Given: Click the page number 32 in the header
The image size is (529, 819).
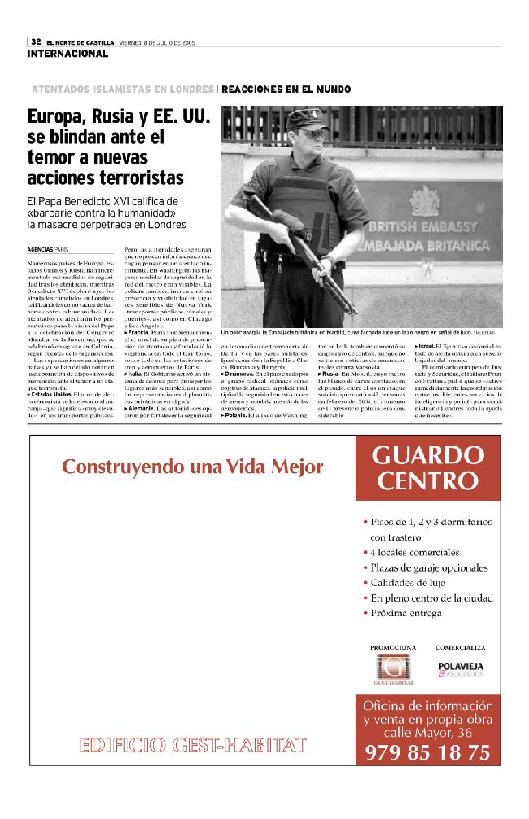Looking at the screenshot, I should [36, 42].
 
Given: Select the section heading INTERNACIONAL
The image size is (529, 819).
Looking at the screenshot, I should [67, 54].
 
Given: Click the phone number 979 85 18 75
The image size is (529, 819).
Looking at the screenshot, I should [426, 752].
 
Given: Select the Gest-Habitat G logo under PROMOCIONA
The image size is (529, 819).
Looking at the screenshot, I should [393, 667].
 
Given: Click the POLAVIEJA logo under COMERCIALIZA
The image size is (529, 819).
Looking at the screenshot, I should [461, 667].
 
